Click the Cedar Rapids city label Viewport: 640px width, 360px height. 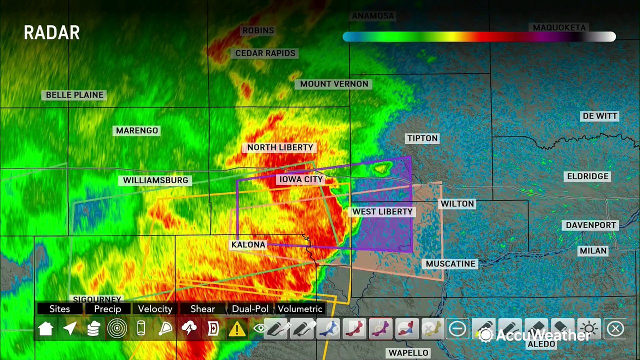pos(265,53)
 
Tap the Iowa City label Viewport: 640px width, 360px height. pos(301,179)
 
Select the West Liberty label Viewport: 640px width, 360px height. pos(382,211)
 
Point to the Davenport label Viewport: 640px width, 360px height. pos(590,225)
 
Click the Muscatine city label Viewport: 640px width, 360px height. pos(450,263)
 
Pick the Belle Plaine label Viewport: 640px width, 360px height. pos(74,94)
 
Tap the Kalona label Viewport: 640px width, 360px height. pos(248,244)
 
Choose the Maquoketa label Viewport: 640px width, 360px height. pos(559,27)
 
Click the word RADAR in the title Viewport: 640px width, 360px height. pos(51,33)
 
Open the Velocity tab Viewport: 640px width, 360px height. pos(155,309)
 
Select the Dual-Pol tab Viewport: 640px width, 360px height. pos(250,309)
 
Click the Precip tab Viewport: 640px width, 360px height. pos(107,309)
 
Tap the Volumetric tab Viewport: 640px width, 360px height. pos(300,309)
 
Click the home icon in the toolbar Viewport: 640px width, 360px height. pos(45,328)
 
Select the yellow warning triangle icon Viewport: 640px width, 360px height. pos(237,328)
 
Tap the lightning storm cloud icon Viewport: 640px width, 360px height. pos(189,328)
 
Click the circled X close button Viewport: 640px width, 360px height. pos(615,328)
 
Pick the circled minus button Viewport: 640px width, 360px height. pos(457,328)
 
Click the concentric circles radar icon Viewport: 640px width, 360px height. pos(117,328)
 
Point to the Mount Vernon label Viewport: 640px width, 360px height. pos(334,84)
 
